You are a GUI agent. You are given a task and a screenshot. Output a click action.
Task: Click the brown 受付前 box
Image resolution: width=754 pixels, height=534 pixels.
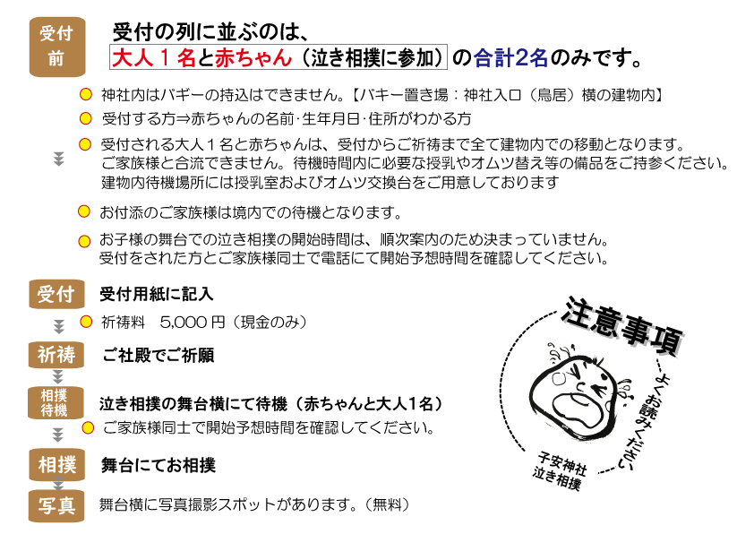click(x=56, y=47)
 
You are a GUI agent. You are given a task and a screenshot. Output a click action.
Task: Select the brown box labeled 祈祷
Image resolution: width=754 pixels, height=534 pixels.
click(x=56, y=355)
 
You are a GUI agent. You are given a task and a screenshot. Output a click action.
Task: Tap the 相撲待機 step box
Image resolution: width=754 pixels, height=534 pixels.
click(x=56, y=403)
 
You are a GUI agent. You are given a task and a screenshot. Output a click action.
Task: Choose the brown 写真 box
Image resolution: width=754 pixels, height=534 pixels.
click(x=56, y=506)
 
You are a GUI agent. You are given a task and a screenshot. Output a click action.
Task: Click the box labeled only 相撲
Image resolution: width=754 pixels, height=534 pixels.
click(x=56, y=465)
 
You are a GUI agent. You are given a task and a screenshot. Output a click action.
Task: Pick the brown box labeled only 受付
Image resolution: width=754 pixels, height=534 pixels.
click(x=56, y=294)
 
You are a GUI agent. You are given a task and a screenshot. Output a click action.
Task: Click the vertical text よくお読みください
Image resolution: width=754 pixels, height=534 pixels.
click(x=651, y=420)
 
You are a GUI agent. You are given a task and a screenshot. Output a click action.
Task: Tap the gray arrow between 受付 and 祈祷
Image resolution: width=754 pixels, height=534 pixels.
click(x=59, y=327)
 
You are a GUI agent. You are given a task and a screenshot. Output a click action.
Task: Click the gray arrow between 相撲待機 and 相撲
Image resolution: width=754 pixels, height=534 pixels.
click(x=58, y=435)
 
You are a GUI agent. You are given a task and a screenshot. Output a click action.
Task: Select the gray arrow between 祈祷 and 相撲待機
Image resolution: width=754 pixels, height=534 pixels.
click(x=58, y=377)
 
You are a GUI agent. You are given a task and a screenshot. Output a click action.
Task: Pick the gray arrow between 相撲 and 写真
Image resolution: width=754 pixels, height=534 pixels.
click(x=58, y=485)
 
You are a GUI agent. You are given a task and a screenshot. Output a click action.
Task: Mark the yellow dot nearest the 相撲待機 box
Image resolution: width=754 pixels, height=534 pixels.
click(x=88, y=427)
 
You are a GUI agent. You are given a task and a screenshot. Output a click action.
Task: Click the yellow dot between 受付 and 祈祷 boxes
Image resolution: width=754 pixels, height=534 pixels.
click(x=86, y=322)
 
